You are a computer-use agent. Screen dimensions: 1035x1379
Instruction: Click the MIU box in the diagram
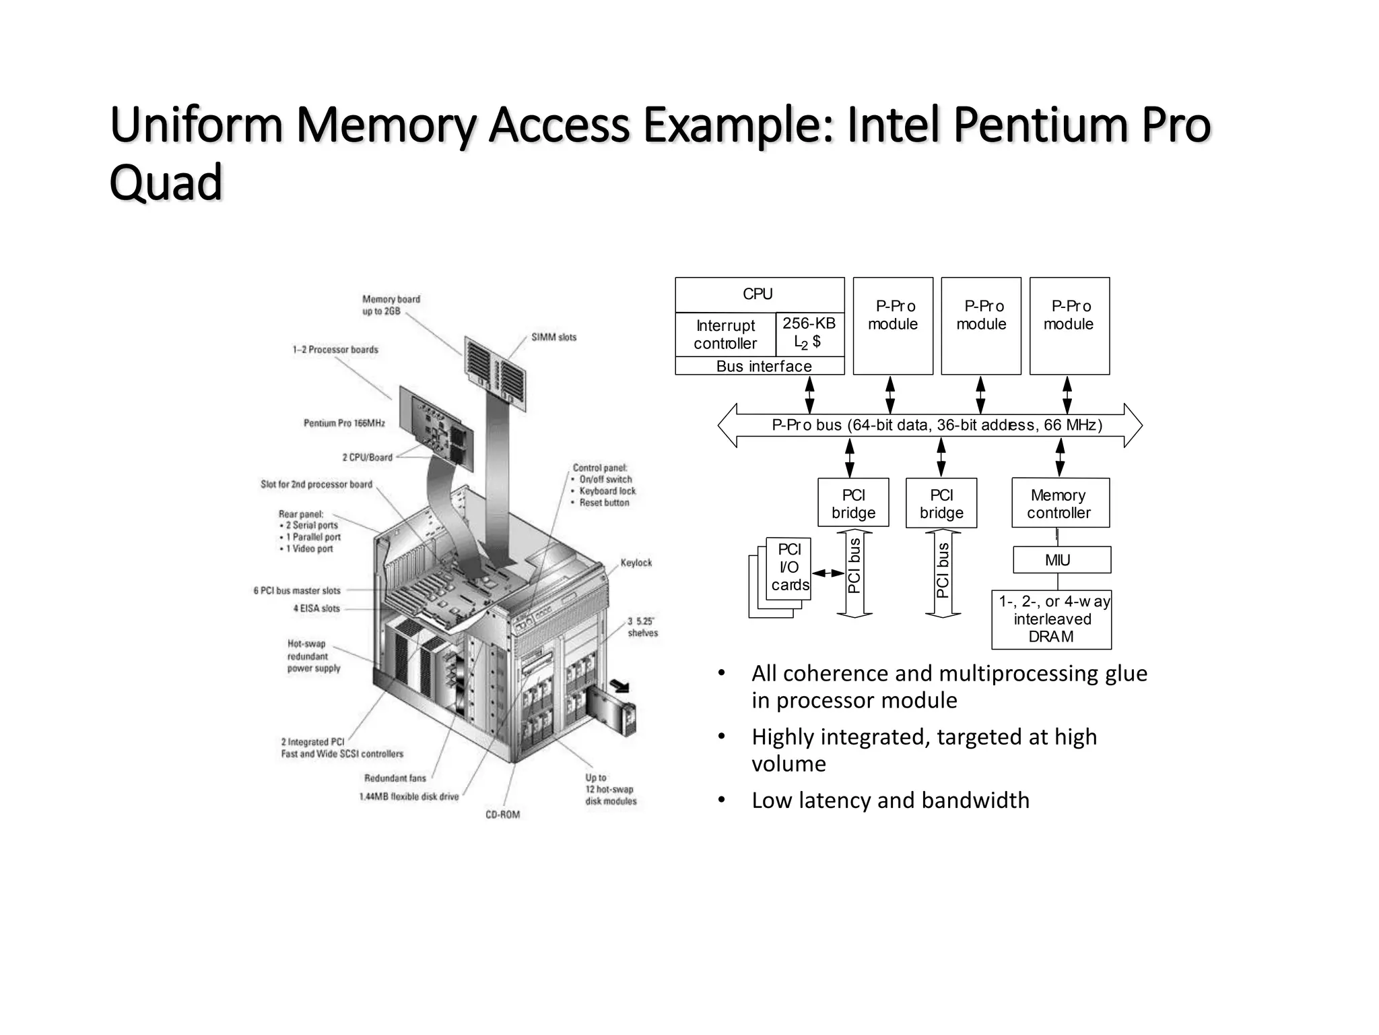coord(1061,560)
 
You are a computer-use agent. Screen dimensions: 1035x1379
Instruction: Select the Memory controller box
coord(1060,503)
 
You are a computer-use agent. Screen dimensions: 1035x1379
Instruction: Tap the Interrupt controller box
coord(725,334)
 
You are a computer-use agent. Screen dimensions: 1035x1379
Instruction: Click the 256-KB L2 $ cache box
coord(809,333)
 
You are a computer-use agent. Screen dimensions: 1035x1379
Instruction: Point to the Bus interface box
coord(760,366)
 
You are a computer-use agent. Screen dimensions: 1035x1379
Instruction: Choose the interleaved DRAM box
coord(1051,619)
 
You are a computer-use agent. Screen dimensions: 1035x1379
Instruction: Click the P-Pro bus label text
coord(936,425)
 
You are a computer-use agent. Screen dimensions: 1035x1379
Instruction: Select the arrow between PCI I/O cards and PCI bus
coord(828,573)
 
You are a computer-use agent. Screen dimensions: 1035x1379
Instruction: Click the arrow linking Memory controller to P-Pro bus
coord(1060,458)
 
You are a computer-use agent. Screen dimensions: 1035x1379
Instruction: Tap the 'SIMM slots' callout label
coord(553,338)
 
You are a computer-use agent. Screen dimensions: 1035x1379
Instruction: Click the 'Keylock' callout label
coord(636,563)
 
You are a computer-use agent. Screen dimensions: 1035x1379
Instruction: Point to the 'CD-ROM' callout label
coord(502,815)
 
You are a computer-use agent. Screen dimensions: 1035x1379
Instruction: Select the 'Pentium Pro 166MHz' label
coord(344,423)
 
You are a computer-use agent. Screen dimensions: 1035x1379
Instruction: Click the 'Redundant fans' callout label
coord(395,778)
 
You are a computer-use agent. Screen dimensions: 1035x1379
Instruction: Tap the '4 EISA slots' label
coord(316,608)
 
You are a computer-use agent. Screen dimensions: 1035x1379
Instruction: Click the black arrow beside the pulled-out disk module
coord(619,686)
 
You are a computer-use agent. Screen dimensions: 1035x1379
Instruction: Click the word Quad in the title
coord(166,183)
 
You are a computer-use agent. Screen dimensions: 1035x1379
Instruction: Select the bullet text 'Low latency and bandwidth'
coord(890,801)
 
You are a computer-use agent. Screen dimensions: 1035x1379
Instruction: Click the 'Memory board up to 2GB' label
coord(391,305)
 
